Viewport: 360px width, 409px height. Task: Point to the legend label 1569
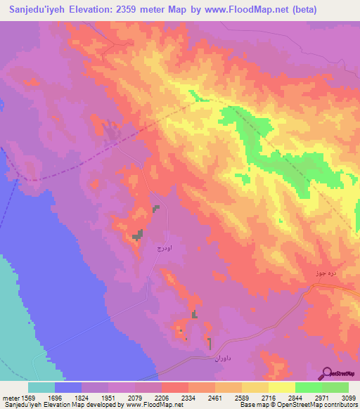(28, 398)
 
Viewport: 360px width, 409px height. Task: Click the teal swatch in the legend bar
(41, 387)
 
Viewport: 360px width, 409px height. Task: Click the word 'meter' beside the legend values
(11, 398)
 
